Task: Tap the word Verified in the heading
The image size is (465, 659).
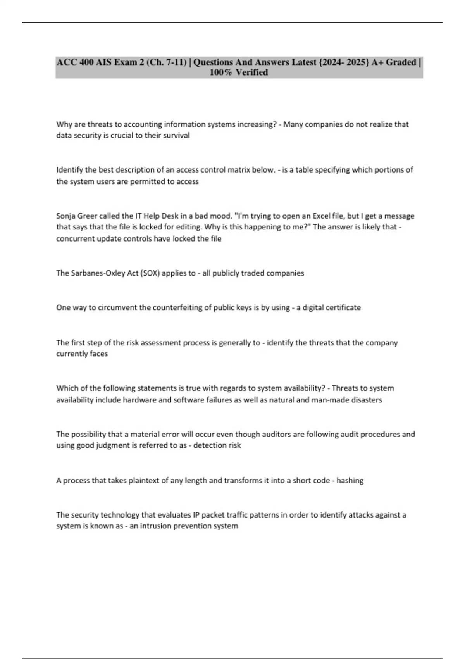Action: (252, 72)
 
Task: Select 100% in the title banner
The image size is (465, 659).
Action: (221, 72)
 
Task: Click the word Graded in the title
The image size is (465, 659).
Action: (401, 62)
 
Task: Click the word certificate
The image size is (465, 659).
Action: (343, 308)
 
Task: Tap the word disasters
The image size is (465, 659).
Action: (366, 400)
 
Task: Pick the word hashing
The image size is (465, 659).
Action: (350, 481)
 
